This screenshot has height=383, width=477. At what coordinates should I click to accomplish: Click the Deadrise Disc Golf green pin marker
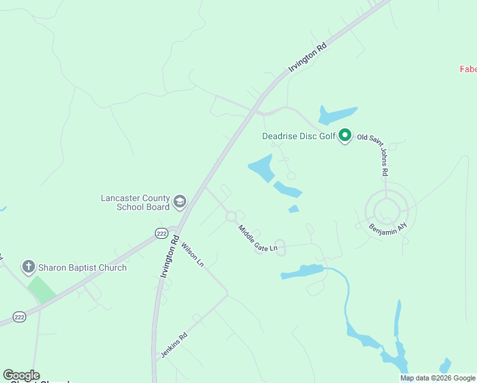(x=345, y=135)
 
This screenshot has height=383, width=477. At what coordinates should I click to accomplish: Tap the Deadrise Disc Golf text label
(x=298, y=136)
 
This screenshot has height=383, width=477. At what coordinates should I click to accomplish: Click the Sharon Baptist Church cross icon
(x=27, y=267)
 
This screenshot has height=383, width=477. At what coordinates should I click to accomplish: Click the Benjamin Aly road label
(x=388, y=229)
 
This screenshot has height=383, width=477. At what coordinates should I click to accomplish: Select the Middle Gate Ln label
(x=258, y=238)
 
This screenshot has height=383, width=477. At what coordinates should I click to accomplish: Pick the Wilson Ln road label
(x=192, y=254)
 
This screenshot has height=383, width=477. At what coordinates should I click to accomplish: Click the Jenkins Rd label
(x=174, y=345)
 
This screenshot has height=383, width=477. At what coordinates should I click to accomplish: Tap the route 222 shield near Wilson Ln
(x=161, y=233)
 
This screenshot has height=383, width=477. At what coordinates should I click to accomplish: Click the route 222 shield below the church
(x=20, y=317)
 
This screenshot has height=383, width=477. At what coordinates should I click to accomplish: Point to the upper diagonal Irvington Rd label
(x=308, y=57)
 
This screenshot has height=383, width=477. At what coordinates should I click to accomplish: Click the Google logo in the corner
(x=21, y=375)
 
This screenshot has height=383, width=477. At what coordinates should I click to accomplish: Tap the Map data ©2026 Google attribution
(x=437, y=378)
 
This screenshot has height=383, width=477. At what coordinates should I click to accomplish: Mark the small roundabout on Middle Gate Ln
(x=231, y=216)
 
